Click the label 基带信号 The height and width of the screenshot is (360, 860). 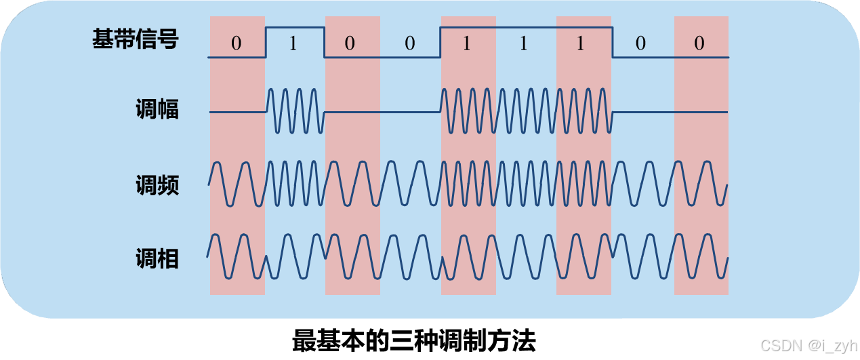(x=135, y=40)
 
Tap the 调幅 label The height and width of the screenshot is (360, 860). (x=157, y=109)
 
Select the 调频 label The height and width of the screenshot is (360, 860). (x=157, y=185)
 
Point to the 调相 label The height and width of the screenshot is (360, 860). (x=157, y=258)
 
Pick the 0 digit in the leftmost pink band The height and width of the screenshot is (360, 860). (x=236, y=43)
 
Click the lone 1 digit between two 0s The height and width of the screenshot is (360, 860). (x=293, y=43)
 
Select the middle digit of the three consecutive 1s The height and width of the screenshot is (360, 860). (x=523, y=43)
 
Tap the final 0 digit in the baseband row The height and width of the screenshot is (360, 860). (x=699, y=43)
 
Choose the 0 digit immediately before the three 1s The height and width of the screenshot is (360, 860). (x=409, y=43)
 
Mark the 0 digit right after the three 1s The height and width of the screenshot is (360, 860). (x=640, y=43)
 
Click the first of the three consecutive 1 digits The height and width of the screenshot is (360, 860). (x=466, y=43)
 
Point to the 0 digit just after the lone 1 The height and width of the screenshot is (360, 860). (x=350, y=43)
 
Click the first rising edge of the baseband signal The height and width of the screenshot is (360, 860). (x=265, y=42)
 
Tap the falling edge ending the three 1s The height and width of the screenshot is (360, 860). (x=613, y=42)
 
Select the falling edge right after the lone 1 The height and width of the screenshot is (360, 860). (x=324, y=42)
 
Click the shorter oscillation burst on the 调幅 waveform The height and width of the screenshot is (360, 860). (x=295, y=111)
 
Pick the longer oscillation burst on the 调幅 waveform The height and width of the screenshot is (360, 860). (x=527, y=111)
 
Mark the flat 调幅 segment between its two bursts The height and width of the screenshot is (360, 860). (x=382, y=112)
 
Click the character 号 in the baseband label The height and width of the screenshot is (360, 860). (x=167, y=40)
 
